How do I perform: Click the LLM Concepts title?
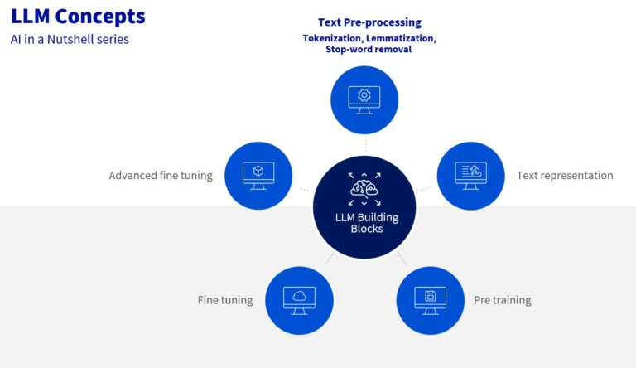tap(78, 16)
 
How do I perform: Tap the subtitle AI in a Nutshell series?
tap(70, 39)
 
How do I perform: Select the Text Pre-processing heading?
tap(369, 22)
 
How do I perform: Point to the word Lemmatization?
tap(402, 38)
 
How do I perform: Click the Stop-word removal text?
tap(369, 50)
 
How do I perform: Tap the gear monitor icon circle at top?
tap(364, 99)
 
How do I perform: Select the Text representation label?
tap(565, 176)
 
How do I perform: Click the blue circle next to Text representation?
tap(470, 176)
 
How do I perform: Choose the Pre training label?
tap(502, 300)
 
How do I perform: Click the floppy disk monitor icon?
tap(430, 300)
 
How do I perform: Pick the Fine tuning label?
tap(225, 300)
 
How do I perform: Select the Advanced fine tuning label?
tap(161, 176)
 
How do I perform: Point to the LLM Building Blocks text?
tap(364, 223)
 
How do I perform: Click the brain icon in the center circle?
tap(364, 189)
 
